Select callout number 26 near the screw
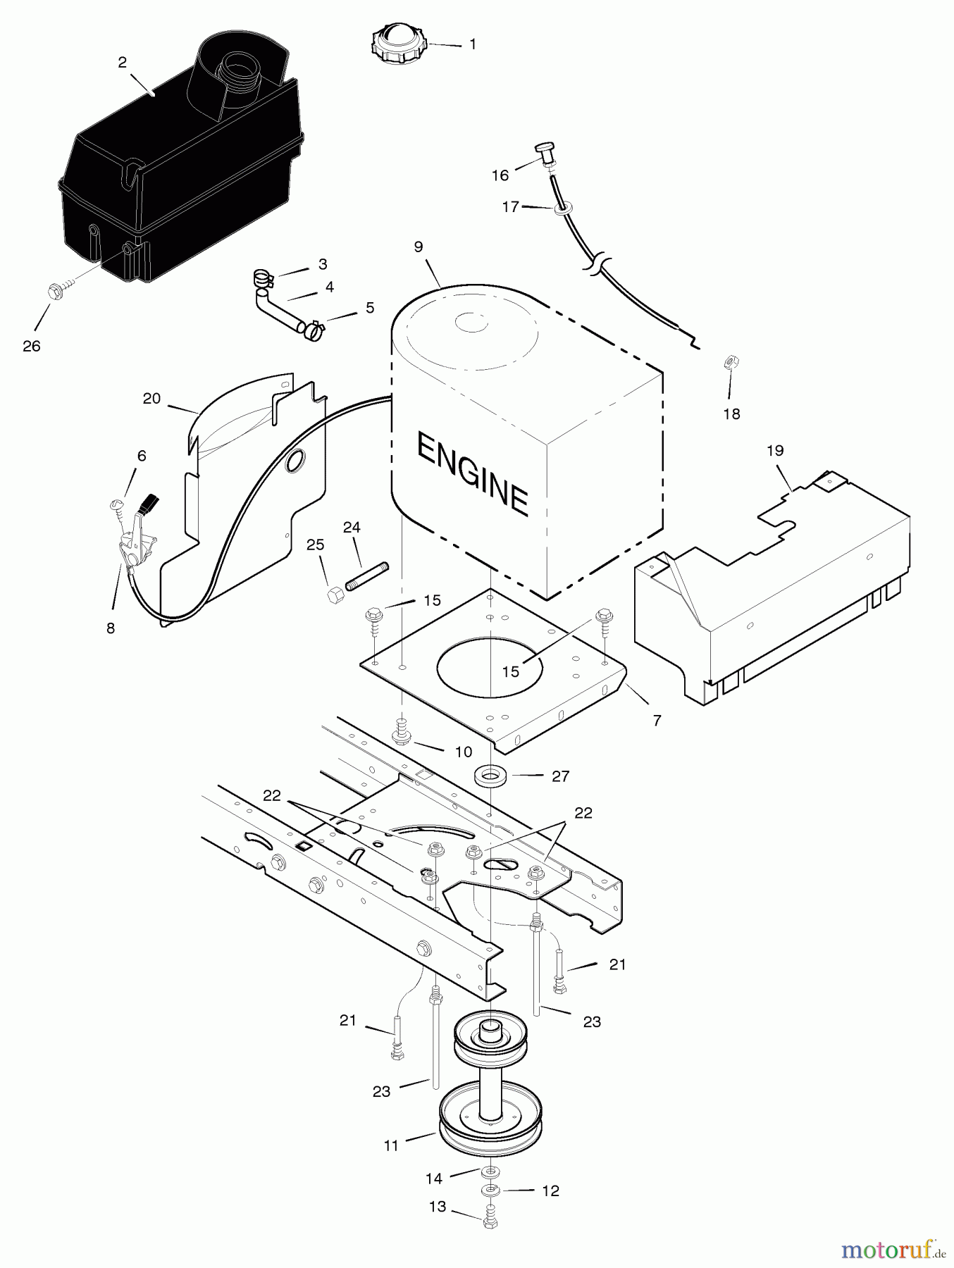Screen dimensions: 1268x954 (32, 346)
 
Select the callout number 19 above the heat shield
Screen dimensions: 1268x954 (775, 450)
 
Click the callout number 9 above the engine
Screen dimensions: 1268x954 (419, 247)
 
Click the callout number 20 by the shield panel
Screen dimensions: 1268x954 (151, 398)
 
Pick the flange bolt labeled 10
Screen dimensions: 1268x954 (404, 733)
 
